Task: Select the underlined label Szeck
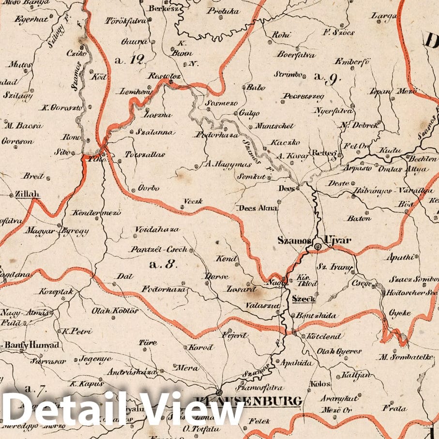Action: (x=303, y=299)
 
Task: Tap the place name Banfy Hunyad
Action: (x=32, y=345)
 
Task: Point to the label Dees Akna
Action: (x=257, y=208)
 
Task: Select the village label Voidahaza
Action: (x=157, y=229)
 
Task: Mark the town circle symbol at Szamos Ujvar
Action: (x=318, y=247)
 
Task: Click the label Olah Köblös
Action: (x=115, y=311)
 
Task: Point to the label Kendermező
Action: (x=90, y=212)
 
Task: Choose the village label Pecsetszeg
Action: (x=303, y=96)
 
